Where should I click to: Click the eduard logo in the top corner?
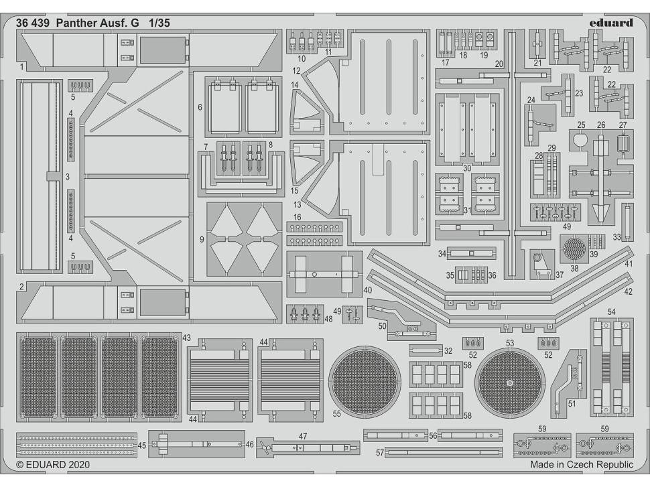point(611,22)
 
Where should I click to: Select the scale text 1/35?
point(159,22)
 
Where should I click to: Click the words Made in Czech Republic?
point(581,464)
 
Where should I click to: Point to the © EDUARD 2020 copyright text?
point(53,464)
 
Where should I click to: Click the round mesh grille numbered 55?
point(365,382)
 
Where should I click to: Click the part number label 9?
point(202,238)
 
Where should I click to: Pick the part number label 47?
point(303,436)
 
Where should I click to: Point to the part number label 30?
point(467,167)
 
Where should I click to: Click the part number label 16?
point(297,217)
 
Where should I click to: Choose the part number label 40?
point(367,289)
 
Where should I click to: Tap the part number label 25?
point(581,125)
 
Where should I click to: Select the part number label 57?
point(380,453)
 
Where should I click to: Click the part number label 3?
point(68,177)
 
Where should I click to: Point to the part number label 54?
point(611,312)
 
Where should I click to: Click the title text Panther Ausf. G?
point(98,22)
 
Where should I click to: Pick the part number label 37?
point(560,275)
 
